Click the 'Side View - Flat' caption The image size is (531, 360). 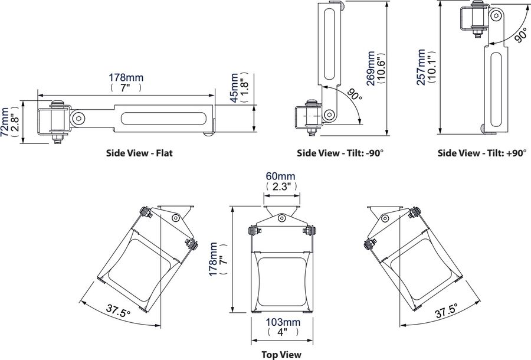click(x=139, y=153)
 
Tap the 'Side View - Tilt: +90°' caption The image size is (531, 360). click(x=481, y=153)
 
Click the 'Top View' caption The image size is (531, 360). click(x=281, y=354)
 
